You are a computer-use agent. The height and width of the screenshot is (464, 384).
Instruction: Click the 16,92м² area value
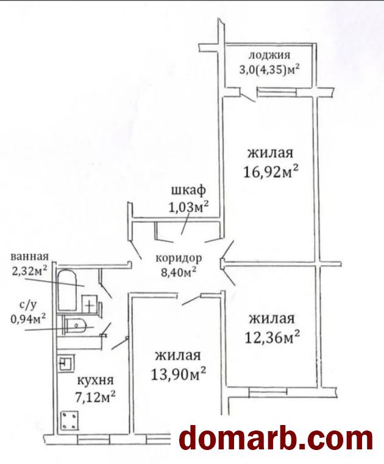pos(271,171)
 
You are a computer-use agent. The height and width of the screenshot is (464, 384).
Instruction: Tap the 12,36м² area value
pos(272,337)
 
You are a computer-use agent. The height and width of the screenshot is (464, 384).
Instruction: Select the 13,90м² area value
pos(179,374)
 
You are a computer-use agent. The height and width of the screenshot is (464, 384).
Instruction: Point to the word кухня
pos(95,380)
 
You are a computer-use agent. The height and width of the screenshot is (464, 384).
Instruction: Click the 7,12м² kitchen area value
pos(96,398)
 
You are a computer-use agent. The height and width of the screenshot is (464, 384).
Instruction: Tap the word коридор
pos(179,258)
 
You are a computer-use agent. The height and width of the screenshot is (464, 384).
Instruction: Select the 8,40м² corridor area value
pos(179,272)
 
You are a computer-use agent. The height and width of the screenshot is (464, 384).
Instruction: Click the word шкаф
pos(188,191)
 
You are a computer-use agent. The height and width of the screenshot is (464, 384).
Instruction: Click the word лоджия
pos(269,55)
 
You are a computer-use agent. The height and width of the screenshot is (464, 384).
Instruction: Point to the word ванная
pos(29,256)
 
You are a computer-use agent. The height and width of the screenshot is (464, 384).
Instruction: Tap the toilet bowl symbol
pos(76,326)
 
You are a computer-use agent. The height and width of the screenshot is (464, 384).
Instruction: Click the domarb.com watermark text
pos(276,438)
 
